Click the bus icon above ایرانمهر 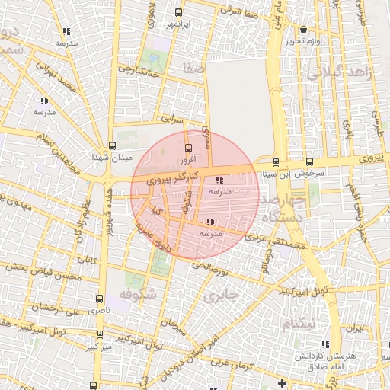tap(179, 13)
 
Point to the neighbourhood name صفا tap(194, 69)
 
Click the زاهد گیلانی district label tap(337, 73)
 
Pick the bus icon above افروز tap(189, 148)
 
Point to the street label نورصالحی tap(210, 267)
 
